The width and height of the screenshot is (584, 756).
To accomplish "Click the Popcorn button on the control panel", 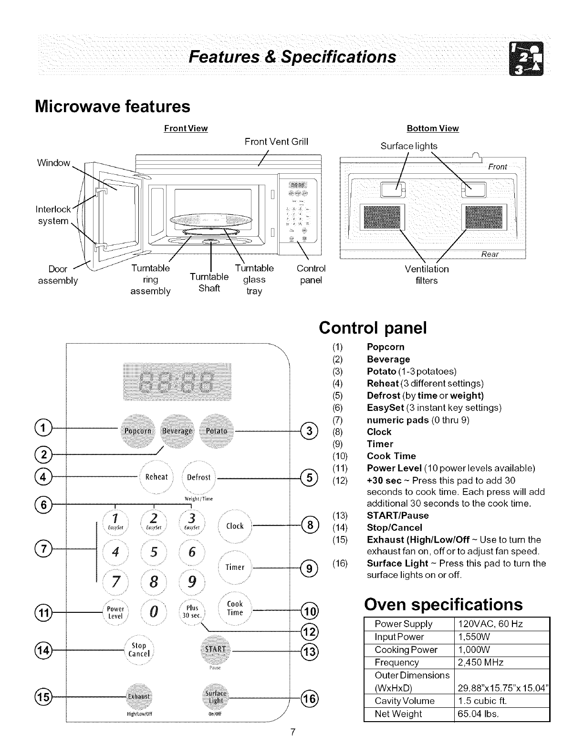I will (x=137, y=430).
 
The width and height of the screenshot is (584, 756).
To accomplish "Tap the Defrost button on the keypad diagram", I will (x=199, y=477).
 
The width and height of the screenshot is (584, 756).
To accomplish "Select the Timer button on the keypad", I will (x=235, y=567).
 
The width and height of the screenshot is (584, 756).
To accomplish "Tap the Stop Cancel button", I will (x=138, y=650).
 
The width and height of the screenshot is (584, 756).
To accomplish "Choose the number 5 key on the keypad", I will (x=153, y=551).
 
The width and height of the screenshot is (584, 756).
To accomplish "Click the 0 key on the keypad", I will (x=154, y=611).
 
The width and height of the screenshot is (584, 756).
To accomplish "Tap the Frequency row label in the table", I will (x=397, y=662).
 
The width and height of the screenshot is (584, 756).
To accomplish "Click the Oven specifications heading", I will (x=443, y=604).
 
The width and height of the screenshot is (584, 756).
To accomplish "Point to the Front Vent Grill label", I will (x=276, y=141).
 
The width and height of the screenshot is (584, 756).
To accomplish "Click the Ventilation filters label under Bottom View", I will (x=427, y=275).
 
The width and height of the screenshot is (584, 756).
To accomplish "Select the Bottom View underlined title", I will (x=432, y=128).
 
